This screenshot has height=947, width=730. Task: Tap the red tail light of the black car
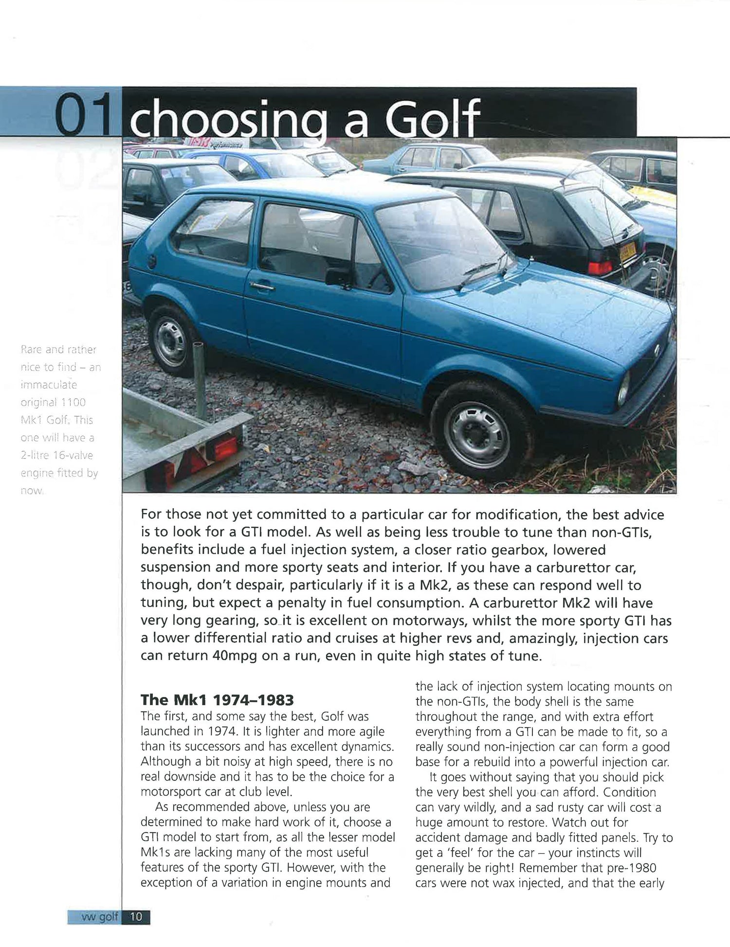[x=600, y=267]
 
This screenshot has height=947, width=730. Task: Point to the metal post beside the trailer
[x=199, y=370]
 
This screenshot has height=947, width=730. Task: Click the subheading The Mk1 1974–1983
[x=217, y=700]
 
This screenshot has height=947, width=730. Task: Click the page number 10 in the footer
[x=136, y=916]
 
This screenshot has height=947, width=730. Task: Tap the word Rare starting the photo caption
[x=31, y=350]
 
